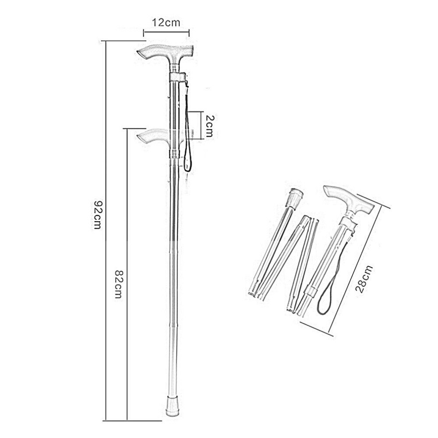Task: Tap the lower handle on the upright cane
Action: pos(151,136)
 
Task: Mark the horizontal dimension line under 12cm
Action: pos(166,31)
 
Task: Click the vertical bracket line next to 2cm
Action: pos(201,125)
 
